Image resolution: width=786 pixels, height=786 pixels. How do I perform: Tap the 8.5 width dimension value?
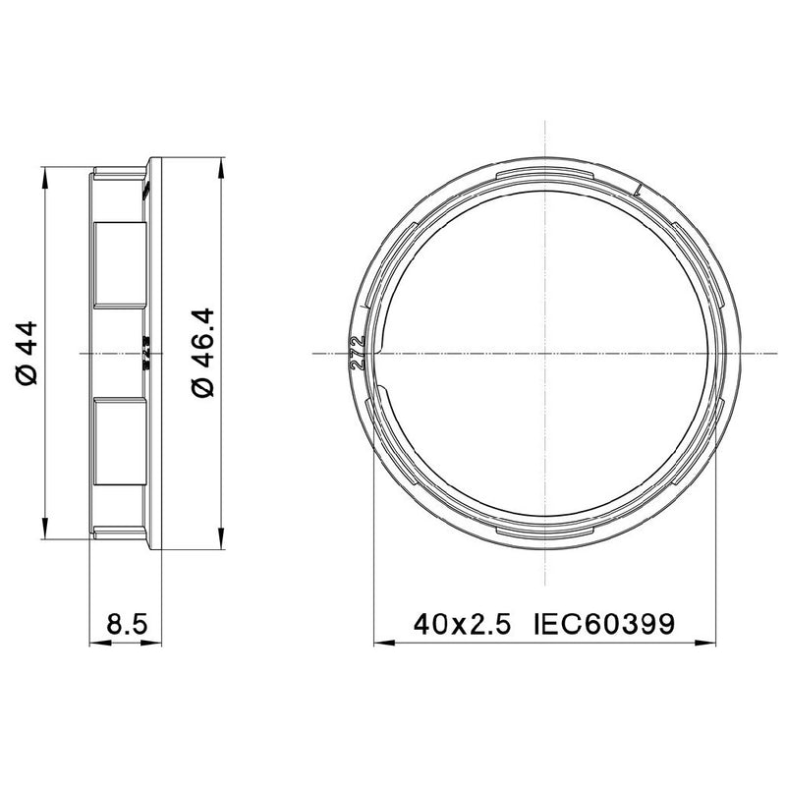click(x=127, y=624)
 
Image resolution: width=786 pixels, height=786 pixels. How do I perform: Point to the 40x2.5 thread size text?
click(x=462, y=624)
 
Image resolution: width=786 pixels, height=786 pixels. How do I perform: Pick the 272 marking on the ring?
click(x=358, y=352)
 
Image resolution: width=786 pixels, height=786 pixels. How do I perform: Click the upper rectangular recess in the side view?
click(x=118, y=262)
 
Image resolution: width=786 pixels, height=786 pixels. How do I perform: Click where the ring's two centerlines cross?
click(x=544, y=352)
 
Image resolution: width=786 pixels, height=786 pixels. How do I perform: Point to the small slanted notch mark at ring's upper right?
click(x=638, y=188)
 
